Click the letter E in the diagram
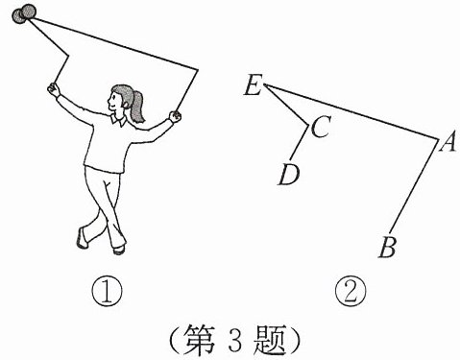[253, 85]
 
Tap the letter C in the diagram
[320, 127]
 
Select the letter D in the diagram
[289, 175]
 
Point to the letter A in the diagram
[448, 142]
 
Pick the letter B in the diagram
[388, 247]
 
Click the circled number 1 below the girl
[107, 292]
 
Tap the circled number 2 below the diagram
[351, 292]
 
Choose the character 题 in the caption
[269, 340]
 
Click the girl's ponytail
[137, 106]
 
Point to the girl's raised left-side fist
[54, 89]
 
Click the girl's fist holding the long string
[175, 116]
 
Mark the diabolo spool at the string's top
[24, 14]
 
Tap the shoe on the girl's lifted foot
[82, 237]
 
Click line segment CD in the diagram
[300, 142]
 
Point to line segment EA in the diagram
[351, 111]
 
